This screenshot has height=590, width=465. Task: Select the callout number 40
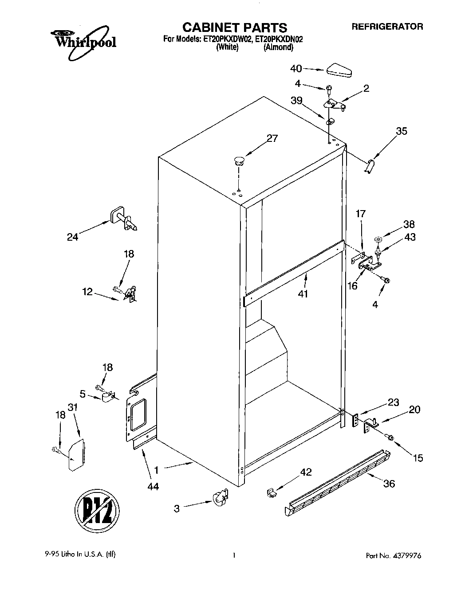(x=296, y=68)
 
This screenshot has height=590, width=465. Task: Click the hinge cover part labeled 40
(x=339, y=70)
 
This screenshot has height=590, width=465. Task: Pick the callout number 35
(x=402, y=131)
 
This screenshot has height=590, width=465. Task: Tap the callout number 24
(x=72, y=237)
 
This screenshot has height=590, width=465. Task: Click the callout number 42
(x=306, y=473)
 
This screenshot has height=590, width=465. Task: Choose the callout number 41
(x=303, y=293)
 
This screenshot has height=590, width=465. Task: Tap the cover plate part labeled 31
(x=76, y=454)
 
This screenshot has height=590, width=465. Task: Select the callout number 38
(x=409, y=224)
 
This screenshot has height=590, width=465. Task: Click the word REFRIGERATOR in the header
(x=387, y=27)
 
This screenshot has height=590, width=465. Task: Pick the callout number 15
(x=418, y=458)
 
